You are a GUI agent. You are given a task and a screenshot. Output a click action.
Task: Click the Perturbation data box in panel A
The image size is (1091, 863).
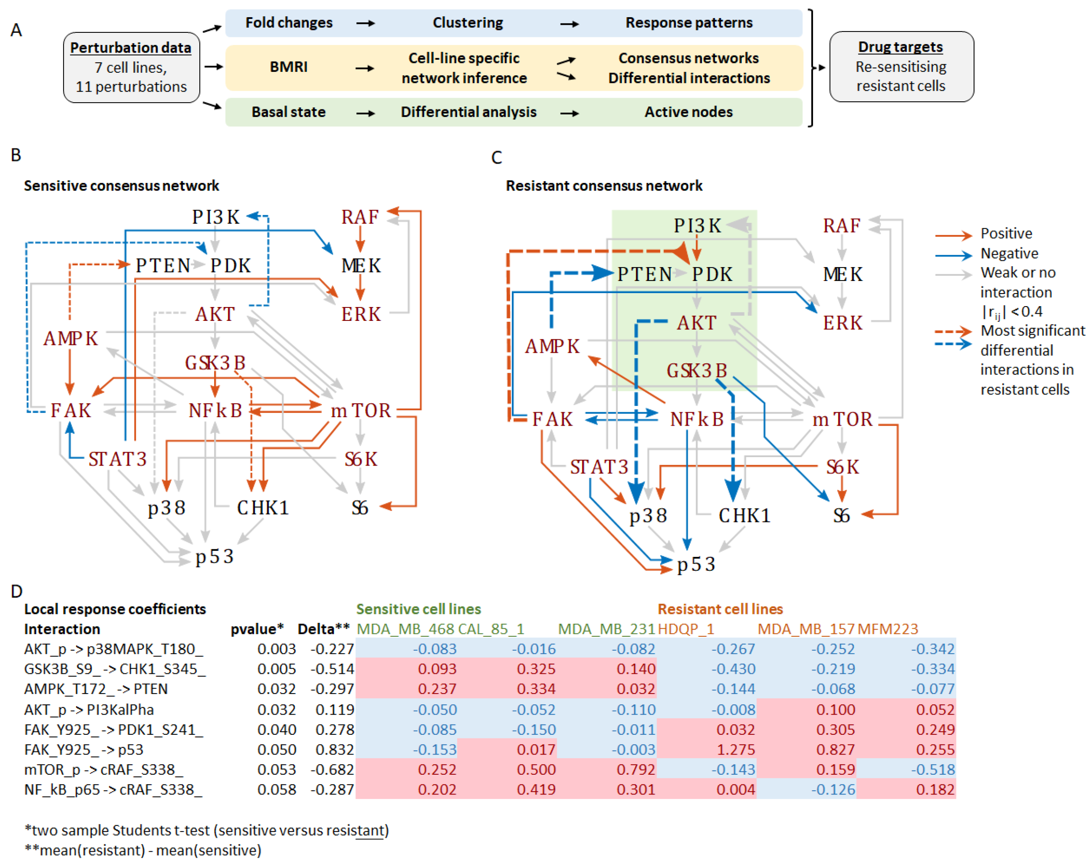(131, 67)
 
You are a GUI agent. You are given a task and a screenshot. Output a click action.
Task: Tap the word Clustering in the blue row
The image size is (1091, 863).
(467, 23)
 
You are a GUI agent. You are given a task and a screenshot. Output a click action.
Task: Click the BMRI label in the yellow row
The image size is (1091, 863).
(288, 67)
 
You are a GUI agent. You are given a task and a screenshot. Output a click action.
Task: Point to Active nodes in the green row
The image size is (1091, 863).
(688, 112)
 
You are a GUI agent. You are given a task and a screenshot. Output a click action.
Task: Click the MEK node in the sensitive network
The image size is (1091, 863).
(361, 265)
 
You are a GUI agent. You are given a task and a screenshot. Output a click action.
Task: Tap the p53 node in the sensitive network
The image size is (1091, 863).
(214, 556)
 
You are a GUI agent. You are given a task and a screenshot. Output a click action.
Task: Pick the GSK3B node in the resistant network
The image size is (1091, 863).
(696, 371)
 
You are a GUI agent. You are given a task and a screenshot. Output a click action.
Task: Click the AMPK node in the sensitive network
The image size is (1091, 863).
(71, 338)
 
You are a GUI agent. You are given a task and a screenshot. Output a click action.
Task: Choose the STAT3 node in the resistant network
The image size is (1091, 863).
(599, 467)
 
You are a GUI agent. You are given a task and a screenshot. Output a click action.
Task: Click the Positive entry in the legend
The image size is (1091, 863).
(1006, 233)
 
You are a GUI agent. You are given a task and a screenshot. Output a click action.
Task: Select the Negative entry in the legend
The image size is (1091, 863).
(1009, 253)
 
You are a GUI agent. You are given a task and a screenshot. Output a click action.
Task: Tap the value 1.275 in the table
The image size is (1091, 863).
(735, 749)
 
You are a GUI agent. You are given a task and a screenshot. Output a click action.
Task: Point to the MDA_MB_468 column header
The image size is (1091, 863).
(405, 629)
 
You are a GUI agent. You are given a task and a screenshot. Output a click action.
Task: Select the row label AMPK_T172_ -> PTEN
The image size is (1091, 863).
(96, 689)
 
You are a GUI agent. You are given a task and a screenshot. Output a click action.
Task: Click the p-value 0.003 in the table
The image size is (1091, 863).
(276, 649)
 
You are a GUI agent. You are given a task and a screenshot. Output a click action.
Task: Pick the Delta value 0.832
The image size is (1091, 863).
(334, 749)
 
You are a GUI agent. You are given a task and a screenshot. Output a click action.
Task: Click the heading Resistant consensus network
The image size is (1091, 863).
(604, 185)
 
